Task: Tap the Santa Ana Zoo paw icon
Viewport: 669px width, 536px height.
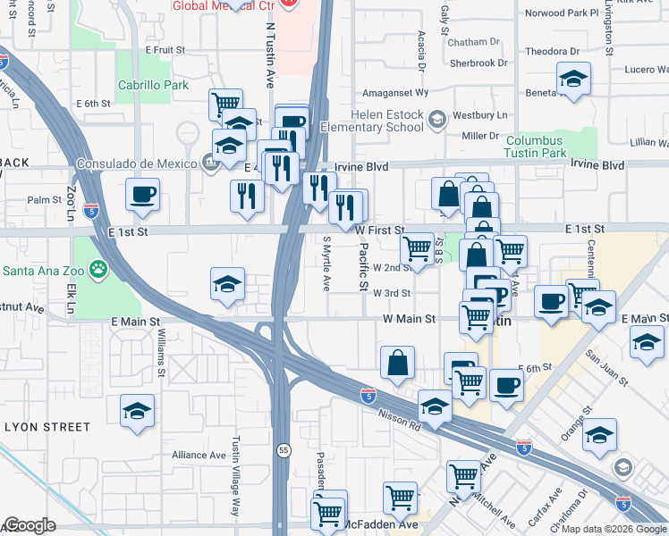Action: coord(98,268)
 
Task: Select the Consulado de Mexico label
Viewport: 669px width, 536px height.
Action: coord(137,163)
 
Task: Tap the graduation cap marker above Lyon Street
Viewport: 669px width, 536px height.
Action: coord(136,411)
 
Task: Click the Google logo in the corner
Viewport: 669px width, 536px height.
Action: coord(30,525)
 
